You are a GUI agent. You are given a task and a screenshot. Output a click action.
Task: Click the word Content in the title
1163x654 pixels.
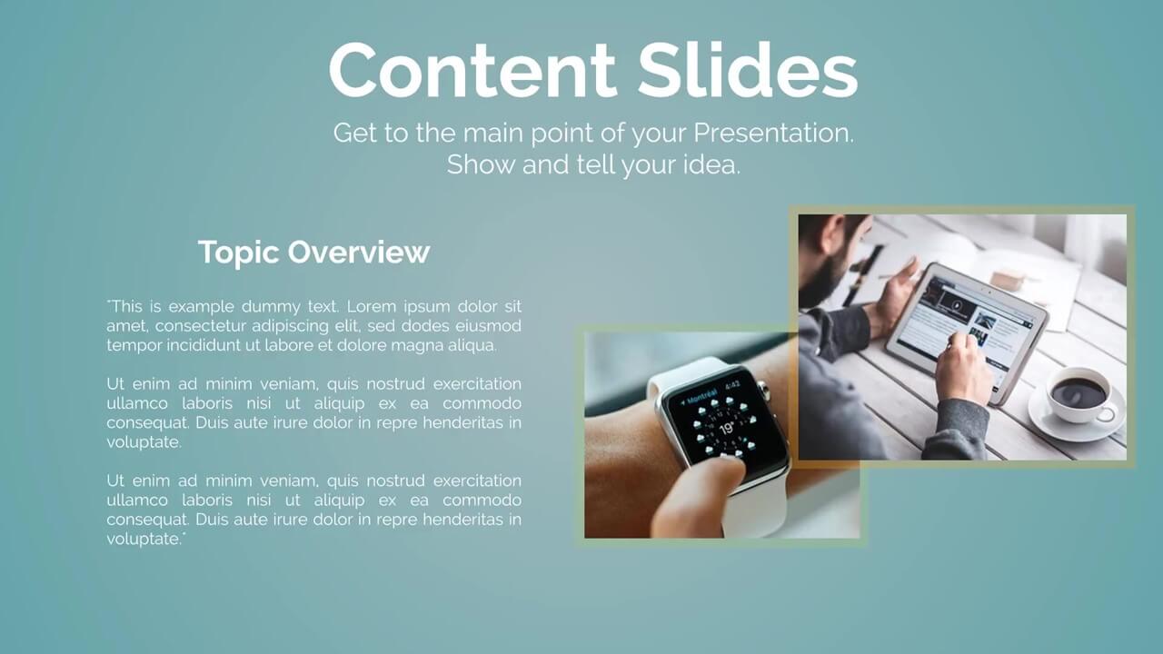coord(472,70)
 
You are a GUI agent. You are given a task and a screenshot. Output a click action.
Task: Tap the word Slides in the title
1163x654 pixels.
coord(747,70)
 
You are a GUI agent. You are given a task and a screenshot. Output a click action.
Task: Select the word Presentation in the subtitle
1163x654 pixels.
coord(773,134)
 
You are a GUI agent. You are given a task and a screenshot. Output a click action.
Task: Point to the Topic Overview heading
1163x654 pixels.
coord(313,253)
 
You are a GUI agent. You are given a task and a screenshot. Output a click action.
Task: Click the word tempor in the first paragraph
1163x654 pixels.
coord(134,346)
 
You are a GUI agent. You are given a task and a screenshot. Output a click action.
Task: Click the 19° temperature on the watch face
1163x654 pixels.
coord(726,428)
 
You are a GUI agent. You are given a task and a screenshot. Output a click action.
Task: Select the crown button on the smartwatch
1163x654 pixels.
coord(762,388)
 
